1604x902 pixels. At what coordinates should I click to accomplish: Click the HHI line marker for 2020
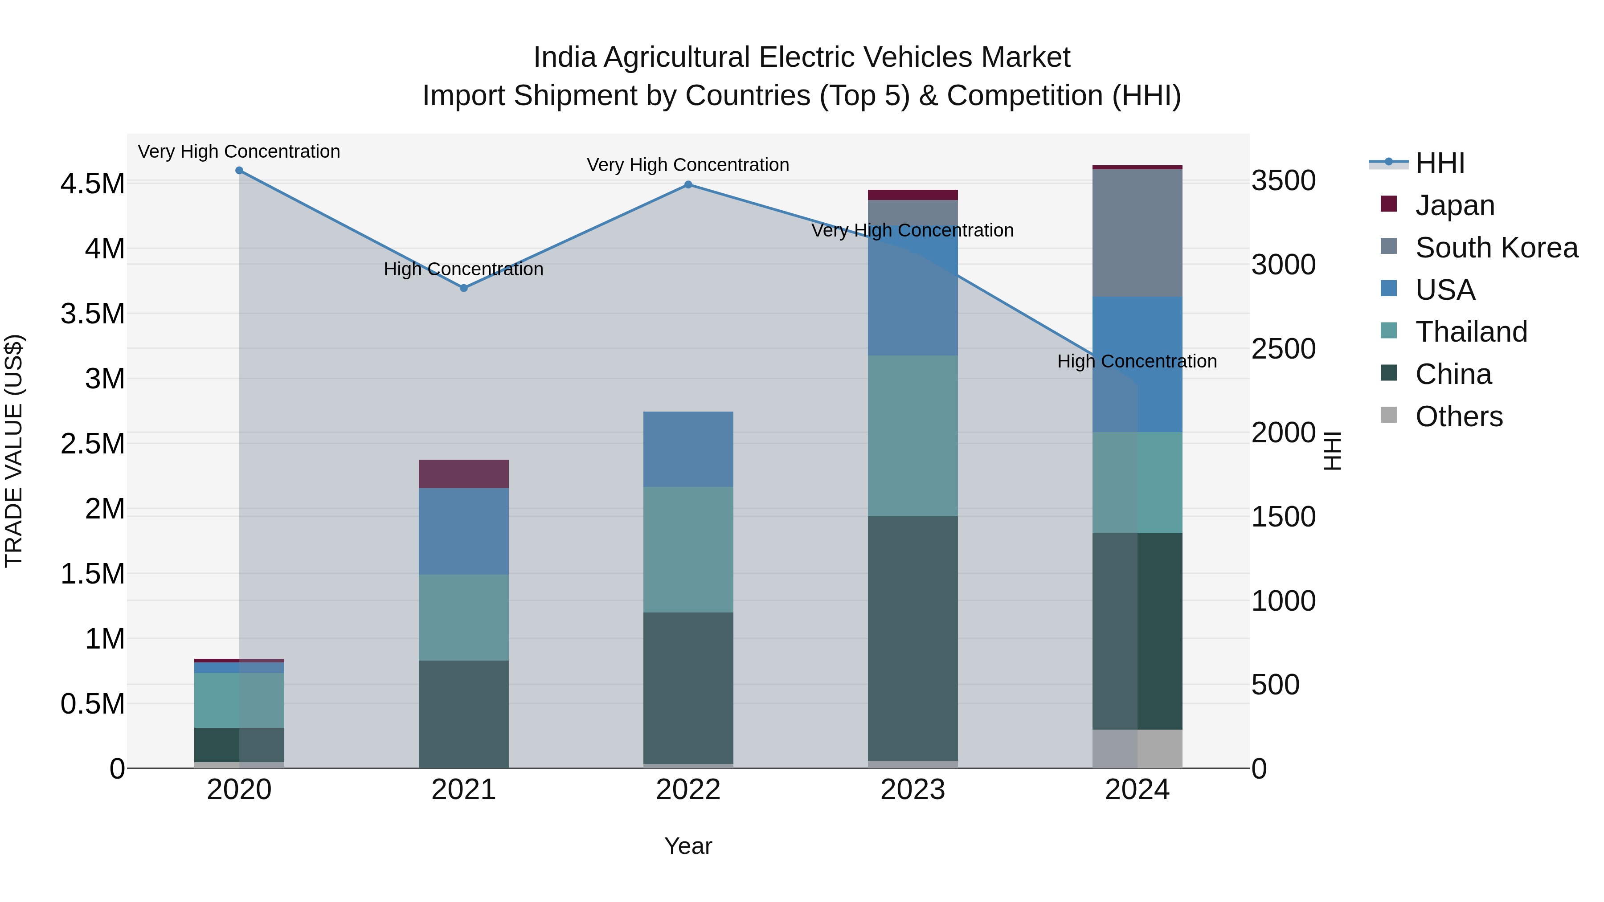[x=239, y=171]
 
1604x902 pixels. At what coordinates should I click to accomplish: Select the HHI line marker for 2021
[x=463, y=288]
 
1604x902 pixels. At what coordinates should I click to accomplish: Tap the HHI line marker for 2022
[x=688, y=185]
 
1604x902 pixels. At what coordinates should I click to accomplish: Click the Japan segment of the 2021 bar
[x=463, y=474]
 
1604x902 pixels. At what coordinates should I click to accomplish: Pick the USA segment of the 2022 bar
[x=688, y=449]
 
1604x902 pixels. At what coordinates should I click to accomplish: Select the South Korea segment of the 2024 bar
[x=1137, y=233]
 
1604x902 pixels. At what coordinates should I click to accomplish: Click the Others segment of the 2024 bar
[x=1137, y=748]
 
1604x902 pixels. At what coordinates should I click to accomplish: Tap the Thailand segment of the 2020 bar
[x=239, y=700]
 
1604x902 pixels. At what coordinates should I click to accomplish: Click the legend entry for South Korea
[x=1496, y=248]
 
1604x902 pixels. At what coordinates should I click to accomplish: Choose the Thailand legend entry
[x=1471, y=332]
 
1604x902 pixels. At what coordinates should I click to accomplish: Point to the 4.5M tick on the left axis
[x=92, y=184]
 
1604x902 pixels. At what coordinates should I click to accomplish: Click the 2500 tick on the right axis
[x=1283, y=349]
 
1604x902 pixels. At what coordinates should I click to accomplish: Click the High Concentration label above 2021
[x=463, y=269]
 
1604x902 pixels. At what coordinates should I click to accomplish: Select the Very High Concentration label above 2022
[x=688, y=165]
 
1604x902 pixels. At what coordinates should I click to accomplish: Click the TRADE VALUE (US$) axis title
[x=14, y=451]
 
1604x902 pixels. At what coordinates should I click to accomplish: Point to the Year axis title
[x=688, y=846]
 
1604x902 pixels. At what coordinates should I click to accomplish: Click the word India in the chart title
[x=565, y=57]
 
